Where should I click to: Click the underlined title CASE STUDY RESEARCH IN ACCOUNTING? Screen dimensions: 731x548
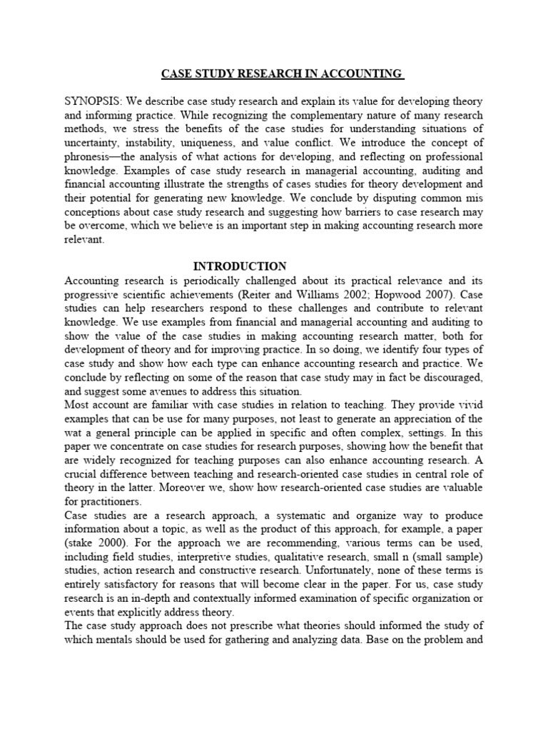282,74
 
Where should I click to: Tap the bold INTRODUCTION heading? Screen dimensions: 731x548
240,266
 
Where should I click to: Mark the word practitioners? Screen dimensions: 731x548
98,502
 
